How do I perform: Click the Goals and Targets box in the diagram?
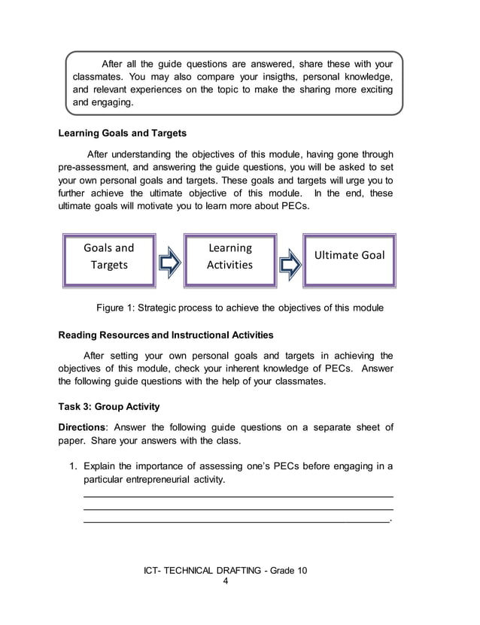coord(108,256)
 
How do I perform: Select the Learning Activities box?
coord(229,256)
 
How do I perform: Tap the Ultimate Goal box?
coord(348,256)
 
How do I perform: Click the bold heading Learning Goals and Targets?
coord(123,134)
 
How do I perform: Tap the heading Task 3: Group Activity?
coord(109,407)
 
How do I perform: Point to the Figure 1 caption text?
coord(240,308)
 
